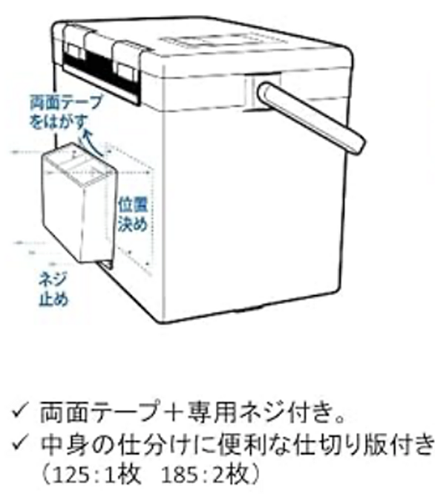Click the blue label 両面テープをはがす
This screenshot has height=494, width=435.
[x=65, y=112]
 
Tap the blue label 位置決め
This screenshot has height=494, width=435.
[x=133, y=214]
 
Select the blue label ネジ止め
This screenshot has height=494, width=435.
[x=53, y=289]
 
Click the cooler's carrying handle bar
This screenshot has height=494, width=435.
[x=310, y=118]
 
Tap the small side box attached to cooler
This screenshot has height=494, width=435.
[x=79, y=204]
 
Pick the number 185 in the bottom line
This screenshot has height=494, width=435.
[x=180, y=475]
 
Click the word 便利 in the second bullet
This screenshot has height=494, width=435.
[x=239, y=444]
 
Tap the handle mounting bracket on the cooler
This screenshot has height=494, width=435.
[x=262, y=91]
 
